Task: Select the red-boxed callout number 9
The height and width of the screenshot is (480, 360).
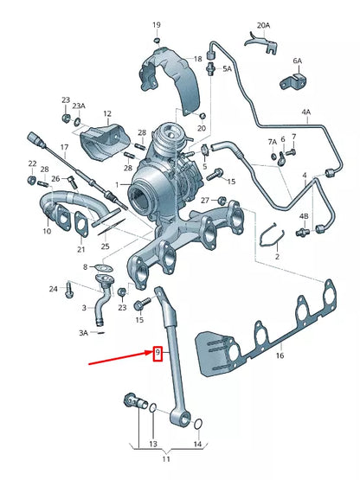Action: point(157,353)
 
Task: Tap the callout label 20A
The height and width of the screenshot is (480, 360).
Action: point(263,27)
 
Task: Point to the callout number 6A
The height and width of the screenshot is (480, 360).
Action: point(298,61)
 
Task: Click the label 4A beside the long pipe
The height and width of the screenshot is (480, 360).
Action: point(305,112)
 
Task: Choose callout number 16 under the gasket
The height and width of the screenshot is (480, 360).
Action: point(279,355)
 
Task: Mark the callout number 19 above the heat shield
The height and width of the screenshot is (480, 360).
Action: point(157,25)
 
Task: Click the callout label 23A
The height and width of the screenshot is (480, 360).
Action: point(79,106)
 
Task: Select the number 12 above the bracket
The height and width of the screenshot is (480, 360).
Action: point(107,113)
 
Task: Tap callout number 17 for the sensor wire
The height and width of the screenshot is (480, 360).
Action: point(63,148)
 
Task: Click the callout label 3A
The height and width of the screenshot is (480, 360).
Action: point(84,332)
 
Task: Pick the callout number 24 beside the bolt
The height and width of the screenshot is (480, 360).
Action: point(53,288)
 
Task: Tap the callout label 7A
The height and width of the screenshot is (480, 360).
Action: point(273,142)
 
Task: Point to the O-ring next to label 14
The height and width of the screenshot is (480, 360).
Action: point(199,424)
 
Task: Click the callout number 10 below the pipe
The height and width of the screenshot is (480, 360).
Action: point(48,232)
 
